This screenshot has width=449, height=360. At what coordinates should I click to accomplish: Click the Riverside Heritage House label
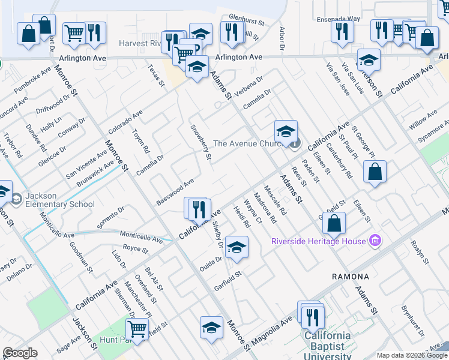click(318, 241)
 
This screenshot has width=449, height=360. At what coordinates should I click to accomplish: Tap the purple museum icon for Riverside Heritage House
click(376, 241)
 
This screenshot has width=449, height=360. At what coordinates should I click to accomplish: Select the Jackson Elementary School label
click(60, 200)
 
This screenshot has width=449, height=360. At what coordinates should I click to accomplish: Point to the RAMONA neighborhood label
click(351, 277)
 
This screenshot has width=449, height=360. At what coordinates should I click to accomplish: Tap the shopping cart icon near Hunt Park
click(137, 328)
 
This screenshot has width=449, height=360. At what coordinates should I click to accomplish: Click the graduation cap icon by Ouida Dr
click(237, 247)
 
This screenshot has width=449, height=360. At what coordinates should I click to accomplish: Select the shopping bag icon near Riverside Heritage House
click(334, 223)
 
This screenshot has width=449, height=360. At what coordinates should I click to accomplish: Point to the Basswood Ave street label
click(175, 190)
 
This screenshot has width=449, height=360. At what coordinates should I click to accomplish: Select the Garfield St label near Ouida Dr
click(228, 278)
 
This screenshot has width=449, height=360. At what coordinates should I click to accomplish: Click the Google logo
click(20, 353)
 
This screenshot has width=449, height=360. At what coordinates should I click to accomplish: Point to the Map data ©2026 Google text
click(412, 355)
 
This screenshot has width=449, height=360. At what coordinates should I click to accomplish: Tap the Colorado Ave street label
click(125, 122)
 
